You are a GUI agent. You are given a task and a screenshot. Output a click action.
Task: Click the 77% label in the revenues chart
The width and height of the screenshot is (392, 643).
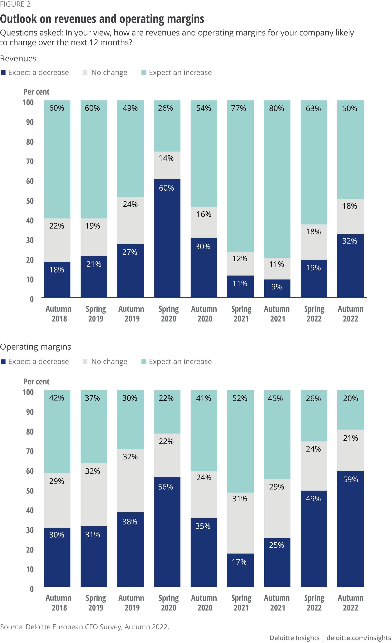tap(239, 108)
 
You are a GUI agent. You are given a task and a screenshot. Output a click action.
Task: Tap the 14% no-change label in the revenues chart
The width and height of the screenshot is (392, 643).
tap(166, 158)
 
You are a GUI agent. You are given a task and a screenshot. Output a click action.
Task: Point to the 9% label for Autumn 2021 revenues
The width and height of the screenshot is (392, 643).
tap(276, 287)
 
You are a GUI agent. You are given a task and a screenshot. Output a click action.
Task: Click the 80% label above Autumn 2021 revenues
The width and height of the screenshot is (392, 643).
tap(276, 108)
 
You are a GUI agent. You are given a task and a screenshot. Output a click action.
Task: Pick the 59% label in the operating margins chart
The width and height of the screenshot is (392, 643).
tap(350, 479)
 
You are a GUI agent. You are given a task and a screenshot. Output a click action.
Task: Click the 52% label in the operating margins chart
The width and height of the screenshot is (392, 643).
tap(240, 398)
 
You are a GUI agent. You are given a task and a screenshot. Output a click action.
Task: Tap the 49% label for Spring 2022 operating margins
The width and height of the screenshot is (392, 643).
tap(313, 499)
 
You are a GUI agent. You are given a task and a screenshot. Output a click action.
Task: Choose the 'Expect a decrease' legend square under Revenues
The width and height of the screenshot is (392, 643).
tap(3, 73)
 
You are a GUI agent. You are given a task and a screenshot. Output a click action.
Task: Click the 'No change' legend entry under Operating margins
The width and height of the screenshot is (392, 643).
tap(109, 361)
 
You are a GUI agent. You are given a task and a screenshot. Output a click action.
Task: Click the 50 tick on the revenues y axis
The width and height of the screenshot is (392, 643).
tap(30, 201)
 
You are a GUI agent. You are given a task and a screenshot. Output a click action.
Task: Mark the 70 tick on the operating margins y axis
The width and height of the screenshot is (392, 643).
tap(30, 451)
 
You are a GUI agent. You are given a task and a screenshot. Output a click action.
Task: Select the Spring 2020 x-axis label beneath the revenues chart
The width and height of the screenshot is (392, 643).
tap(169, 314)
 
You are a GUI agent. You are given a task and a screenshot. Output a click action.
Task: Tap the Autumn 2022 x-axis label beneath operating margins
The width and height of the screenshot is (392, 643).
tap(350, 603)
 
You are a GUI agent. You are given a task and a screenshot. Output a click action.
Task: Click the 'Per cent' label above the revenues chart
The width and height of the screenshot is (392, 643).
tap(36, 92)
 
